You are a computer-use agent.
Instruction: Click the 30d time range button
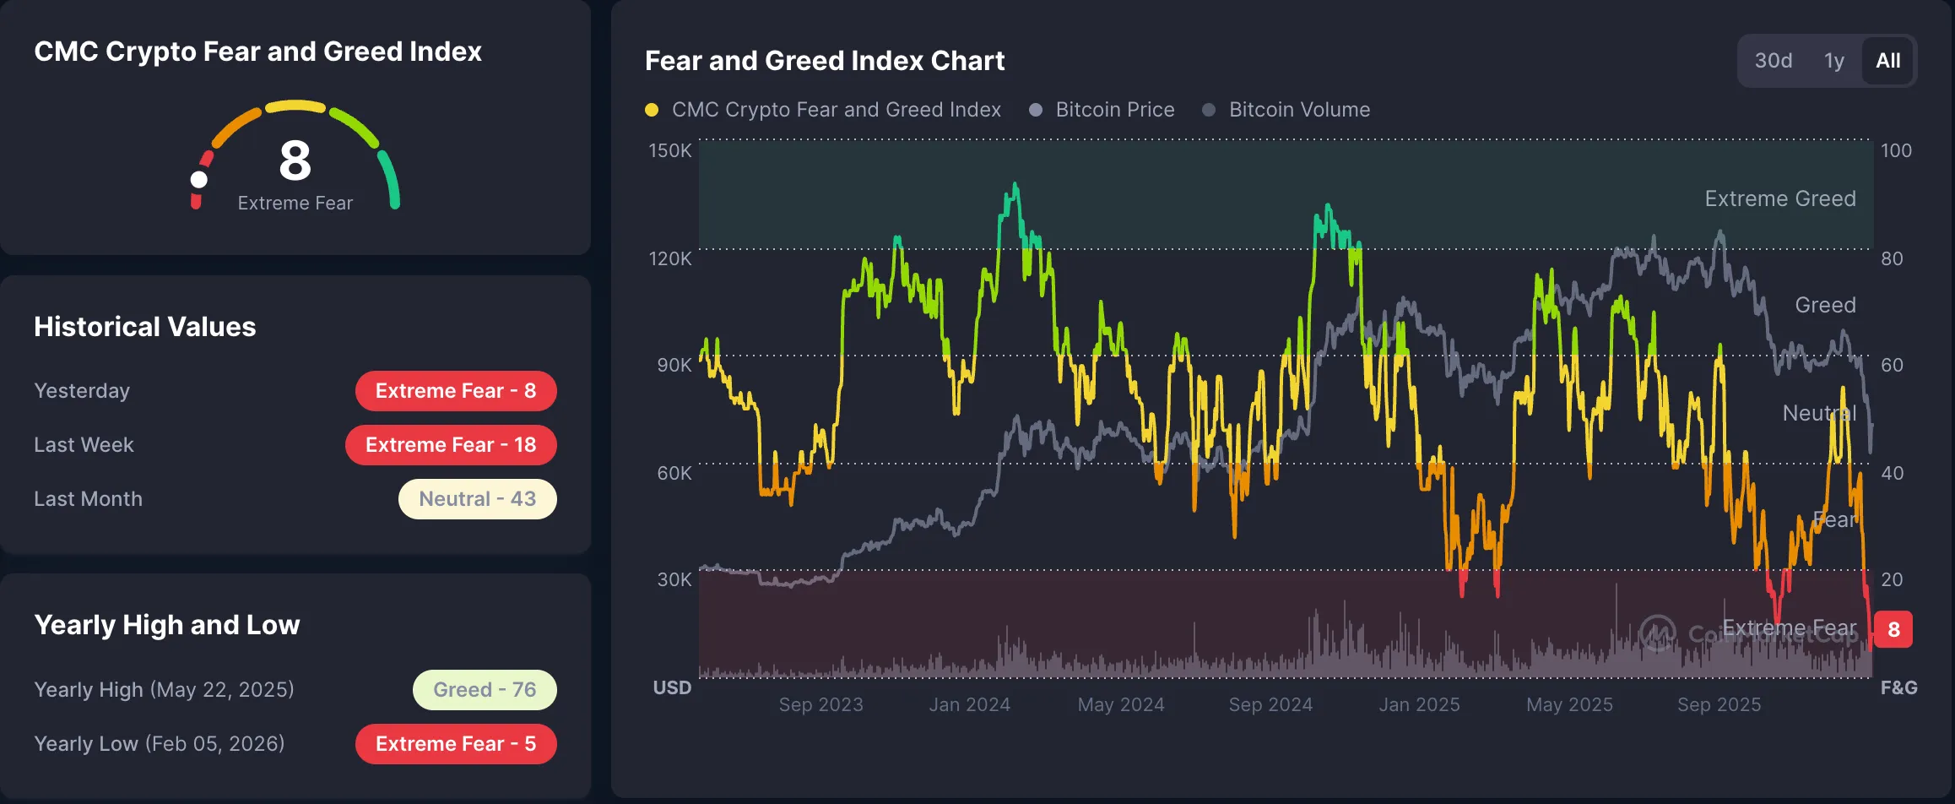(1773, 61)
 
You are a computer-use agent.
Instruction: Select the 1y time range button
(1833, 61)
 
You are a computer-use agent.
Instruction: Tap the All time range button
(1887, 61)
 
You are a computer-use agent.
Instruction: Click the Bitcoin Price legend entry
(1114, 110)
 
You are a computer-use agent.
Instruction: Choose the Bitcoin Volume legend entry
(1299, 110)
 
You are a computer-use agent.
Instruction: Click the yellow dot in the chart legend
(652, 110)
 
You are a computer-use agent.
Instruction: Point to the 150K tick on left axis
(669, 150)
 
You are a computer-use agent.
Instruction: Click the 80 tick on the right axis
(1892, 258)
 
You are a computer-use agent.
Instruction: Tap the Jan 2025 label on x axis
(1419, 704)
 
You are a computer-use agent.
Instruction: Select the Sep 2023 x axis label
(820, 704)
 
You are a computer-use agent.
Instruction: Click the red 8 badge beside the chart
(1893, 629)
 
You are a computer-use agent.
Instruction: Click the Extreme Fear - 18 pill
(451, 445)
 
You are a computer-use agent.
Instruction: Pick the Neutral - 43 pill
(477, 499)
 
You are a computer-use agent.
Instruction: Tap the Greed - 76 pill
(485, 690)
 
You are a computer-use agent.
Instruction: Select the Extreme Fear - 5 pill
(456, 744)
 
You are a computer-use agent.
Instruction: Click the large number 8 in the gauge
(295, 160)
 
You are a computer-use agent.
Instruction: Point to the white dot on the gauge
(199, 179)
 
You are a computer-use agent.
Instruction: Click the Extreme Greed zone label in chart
(1779, 198)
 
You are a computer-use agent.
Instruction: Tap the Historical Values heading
(144, 327)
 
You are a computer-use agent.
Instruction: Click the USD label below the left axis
(672, 687)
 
